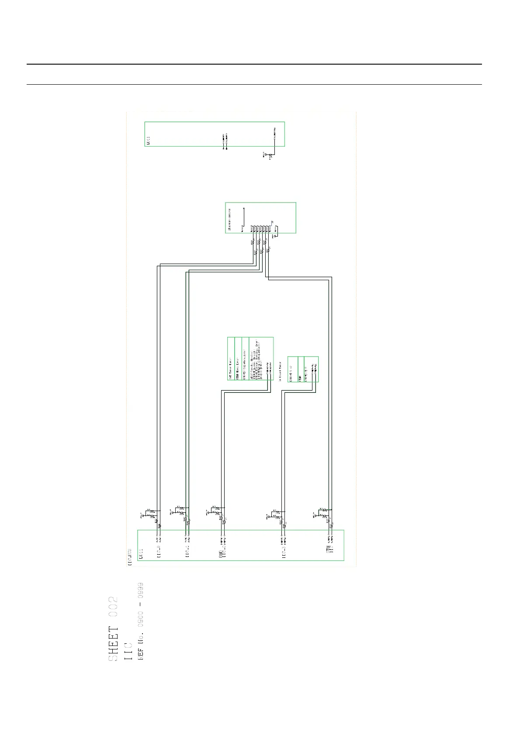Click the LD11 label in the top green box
pos(148,141)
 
